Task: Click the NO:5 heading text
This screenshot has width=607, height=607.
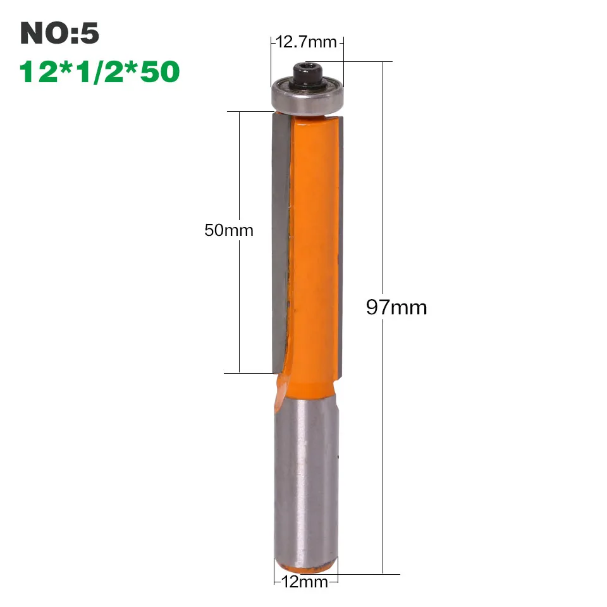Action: pyautogui.click(x=59, y=33)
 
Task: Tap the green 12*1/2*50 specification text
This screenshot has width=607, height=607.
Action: pyautogui.click(x=99, y=71)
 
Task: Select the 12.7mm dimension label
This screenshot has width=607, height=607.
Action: pyautogui.click(x=306, y=42)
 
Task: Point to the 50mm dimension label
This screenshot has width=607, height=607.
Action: pyautogui.click(x=229, y=230)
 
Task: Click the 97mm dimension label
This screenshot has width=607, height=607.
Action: pyautogui.click(x=396, y=307)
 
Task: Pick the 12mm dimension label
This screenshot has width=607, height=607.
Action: pyautogui.click(x=305, y=582)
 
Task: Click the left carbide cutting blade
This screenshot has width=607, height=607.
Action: pyautogui.click(x=280, y=240)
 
